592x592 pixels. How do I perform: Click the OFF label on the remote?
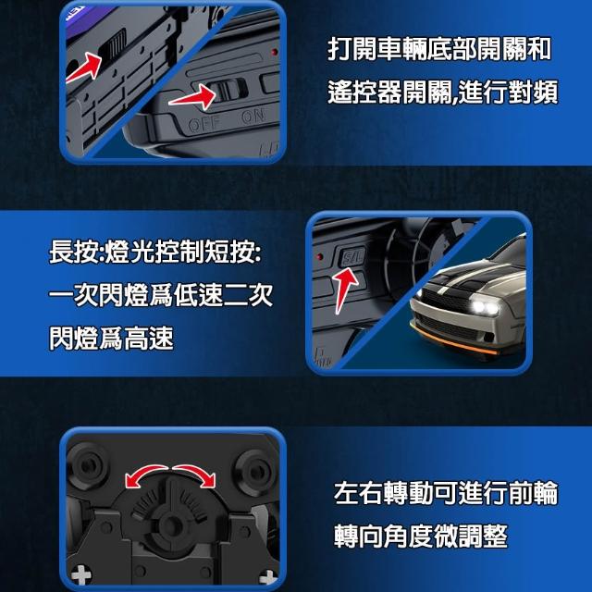click(x=203, y=124)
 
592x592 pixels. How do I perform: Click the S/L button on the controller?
click(x=352, y=257)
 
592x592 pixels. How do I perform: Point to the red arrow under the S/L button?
click(x=343, y=289)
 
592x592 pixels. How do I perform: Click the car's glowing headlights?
click(x=485, y=307)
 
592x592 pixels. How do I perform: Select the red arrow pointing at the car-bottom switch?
click(x=84, y=68)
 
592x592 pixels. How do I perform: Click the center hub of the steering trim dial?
click(x=172, y=524)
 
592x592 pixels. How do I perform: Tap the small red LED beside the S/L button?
click(x=320, y=257)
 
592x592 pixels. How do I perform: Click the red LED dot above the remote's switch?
click(x=275, y=52)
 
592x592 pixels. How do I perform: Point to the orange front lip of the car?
click(x=453, y=340)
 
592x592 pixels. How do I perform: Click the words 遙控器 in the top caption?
click(x=364, y=92)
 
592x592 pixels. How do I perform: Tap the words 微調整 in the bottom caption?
click(x=471, y=536)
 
